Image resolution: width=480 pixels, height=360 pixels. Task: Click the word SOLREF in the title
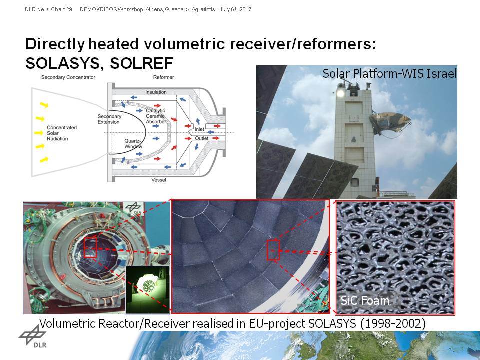(x=141, y=63)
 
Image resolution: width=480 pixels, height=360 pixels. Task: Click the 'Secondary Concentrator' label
(x=68, y=77)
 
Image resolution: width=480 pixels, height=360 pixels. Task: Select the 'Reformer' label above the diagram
(x=164, y=77)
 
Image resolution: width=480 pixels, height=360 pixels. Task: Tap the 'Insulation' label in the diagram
(x=156, y=92)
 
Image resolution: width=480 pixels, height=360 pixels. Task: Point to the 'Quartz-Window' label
(x=133, y=144)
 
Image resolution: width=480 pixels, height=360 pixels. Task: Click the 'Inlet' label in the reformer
(x=199, y=129)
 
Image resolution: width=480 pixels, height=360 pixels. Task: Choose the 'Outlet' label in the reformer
(x=202, y=138)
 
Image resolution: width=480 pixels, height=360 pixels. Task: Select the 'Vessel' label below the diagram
(x=159, y=180)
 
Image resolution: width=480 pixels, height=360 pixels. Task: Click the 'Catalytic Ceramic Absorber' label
(x=156, y=116)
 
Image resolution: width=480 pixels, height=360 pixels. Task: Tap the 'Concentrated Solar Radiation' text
(x=62, y=133)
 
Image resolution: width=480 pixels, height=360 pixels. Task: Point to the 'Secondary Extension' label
(x=109, y=119)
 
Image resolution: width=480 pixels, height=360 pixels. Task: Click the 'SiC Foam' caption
(x=365, y=300)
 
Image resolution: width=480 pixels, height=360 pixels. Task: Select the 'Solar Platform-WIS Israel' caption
(x=389, y=73)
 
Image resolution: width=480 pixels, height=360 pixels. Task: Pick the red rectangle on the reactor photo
(x=90, y=247)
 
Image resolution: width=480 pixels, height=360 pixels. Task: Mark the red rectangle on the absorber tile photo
(x=273, y=250)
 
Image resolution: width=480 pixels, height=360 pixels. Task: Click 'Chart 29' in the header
(x=61, y=9)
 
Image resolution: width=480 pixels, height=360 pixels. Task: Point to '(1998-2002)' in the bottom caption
(x=393, y=323)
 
